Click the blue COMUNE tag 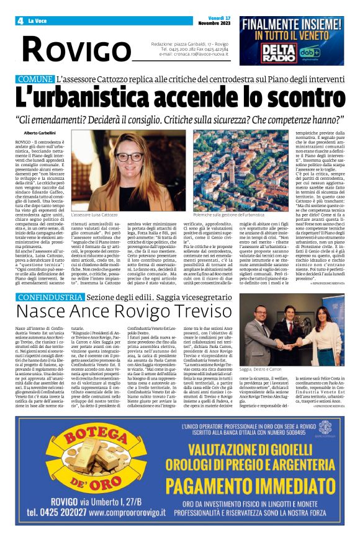(35, 80)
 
